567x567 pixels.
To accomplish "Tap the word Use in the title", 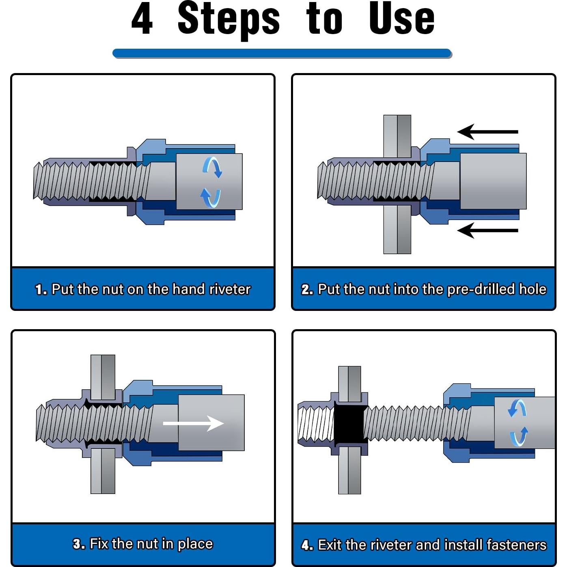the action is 402,18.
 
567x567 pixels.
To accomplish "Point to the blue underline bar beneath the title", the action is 282,53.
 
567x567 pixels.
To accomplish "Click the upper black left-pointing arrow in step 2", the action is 487,132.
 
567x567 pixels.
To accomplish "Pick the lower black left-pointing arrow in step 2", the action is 487,231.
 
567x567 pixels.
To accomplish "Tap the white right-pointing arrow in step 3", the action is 193,423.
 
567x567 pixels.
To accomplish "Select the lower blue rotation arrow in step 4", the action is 520,437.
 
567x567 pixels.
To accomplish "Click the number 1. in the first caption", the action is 41,289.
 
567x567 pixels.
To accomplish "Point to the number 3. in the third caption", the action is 79,544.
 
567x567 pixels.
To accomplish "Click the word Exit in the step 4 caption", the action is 330,545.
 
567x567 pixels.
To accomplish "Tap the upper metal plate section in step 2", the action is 397,136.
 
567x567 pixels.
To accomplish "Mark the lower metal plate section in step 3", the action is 103,471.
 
